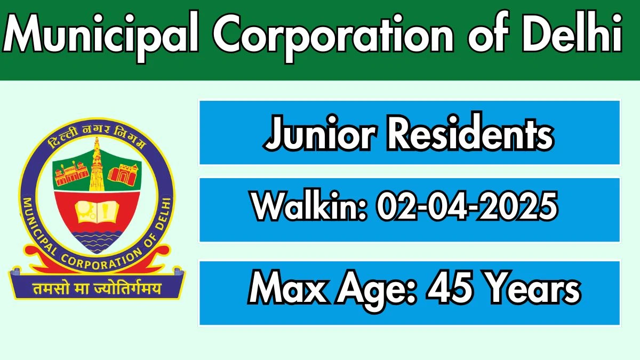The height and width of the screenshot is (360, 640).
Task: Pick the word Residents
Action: [x=470, y=131]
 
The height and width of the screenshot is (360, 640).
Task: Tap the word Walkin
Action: [x=309, y=206]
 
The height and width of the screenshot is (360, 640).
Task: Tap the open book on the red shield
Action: [x=97, y=211]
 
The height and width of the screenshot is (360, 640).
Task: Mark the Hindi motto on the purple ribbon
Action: [x=97, y=289]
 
